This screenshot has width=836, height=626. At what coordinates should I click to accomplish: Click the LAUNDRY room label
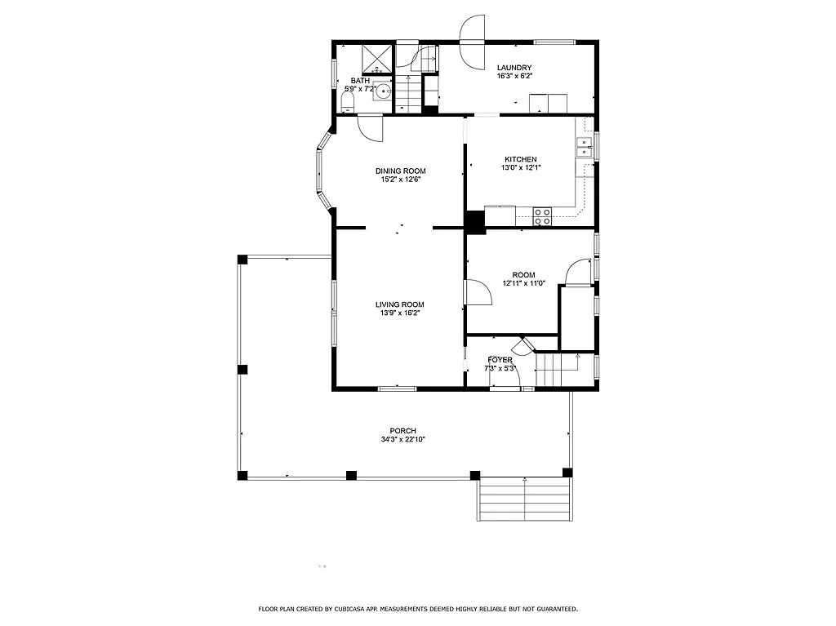[x=514, y=68]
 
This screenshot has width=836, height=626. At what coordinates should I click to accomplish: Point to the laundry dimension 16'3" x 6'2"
[x=514, y=77]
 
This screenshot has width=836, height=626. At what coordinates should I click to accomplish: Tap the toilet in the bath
[x=347, y=102]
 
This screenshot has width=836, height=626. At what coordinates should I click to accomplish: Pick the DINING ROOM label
[x=400, y=171]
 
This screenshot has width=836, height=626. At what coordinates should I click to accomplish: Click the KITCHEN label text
[x=520, y=159]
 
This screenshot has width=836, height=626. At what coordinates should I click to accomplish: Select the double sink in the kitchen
[x=585, y=147]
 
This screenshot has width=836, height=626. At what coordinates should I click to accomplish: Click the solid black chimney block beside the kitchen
[x=474, y=221]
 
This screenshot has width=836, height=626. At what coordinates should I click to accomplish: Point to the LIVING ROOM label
[x=399, y=304]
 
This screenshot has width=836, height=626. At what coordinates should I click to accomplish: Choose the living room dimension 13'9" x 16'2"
[x=399, y=313]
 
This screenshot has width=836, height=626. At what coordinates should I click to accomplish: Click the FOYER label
[x=500, y=360]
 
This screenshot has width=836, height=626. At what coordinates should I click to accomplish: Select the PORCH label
[x=402, y=431]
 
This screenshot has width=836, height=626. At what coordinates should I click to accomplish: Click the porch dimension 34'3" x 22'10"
[x=402, y=440]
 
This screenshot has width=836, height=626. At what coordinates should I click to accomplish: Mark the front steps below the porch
[x=522, y=499]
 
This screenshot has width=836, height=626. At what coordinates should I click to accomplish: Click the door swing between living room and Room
[x=477, y=292]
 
